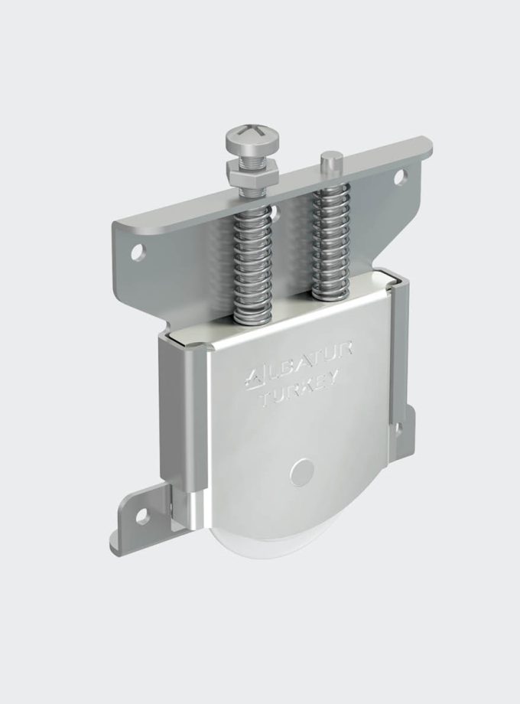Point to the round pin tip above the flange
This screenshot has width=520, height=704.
330,162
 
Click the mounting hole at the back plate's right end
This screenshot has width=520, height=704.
399,177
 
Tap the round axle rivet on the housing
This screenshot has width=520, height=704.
303,471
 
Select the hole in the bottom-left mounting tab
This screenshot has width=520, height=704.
141,517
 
